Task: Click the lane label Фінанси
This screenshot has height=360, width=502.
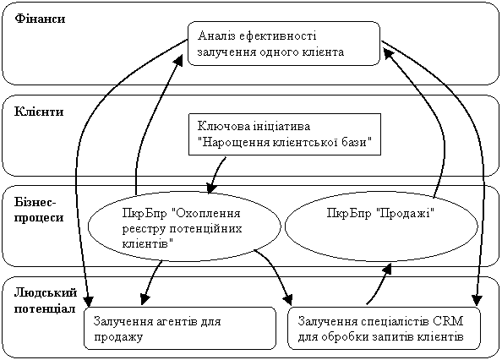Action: coord(40,19)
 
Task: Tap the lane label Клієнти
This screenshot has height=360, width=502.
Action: coord(39,112)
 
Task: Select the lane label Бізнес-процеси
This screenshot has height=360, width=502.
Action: coord(39,210)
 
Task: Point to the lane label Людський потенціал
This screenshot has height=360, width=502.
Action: coord(46,301)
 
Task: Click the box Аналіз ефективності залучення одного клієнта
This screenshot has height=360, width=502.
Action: coord(284,44)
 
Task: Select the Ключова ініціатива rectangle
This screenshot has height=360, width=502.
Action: coord(285,134)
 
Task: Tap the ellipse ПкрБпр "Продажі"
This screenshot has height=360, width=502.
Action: coord(381,226)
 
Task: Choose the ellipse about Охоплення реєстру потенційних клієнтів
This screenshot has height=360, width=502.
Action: coord(184,226)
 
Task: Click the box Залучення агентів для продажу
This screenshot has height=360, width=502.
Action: coord(180,329)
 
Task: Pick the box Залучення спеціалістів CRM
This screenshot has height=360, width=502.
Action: coord(385,329)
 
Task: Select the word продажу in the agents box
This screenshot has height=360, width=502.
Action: coord(118,337)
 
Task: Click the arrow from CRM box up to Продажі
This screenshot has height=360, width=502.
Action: coord(379,285)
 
